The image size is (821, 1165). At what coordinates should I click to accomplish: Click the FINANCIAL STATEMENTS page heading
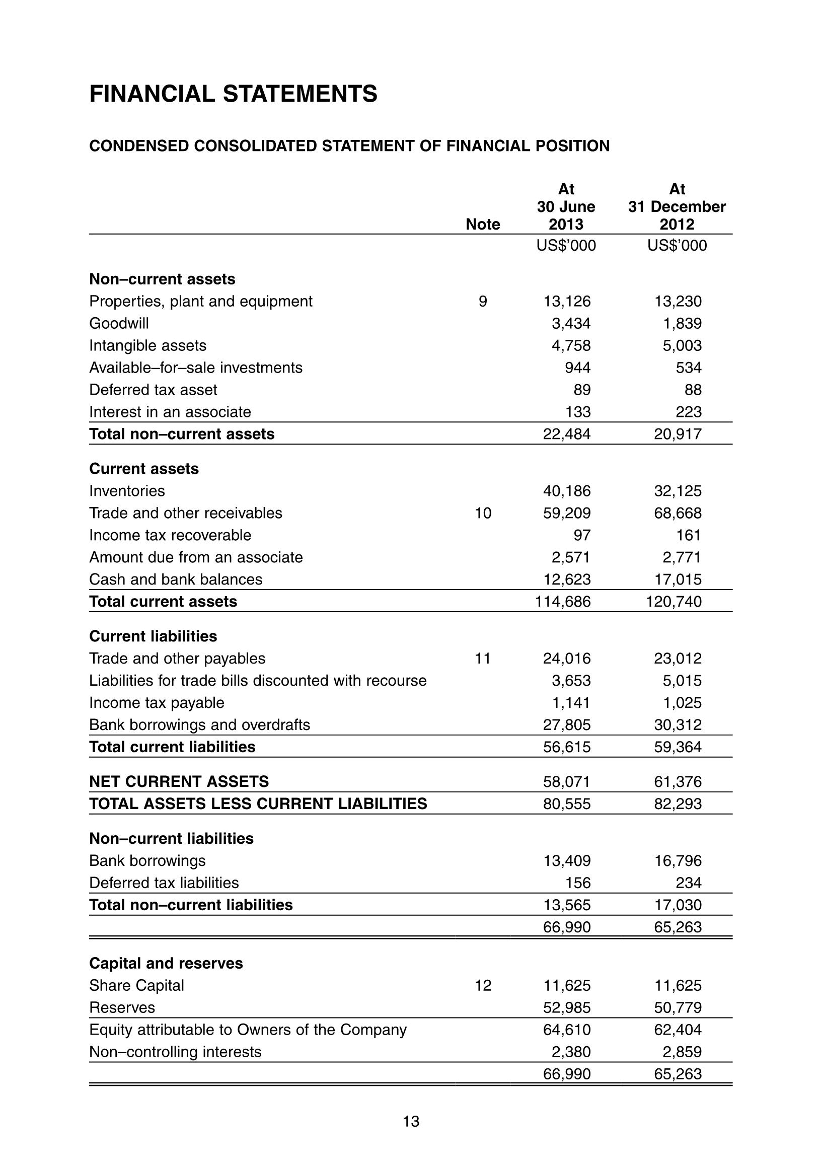tap(233, 94)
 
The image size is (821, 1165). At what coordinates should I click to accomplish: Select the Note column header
tap(483, 224)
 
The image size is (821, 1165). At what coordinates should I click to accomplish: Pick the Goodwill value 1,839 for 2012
tap(682, 323)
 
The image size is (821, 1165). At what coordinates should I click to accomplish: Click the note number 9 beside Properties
tap(483, 302)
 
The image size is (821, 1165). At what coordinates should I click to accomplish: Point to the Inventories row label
tap(127, 491)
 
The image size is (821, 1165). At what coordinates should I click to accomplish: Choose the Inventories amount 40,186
tap(567, 491)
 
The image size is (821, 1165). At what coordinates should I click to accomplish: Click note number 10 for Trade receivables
tap(483, 513)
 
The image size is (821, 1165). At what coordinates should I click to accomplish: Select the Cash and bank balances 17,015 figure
tap(678, 579)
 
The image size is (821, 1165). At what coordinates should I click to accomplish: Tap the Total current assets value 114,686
tap(563, 601)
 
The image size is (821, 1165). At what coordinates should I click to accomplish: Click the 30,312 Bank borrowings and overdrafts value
tap(678, 724)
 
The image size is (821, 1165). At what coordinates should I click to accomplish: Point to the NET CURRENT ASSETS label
tap(179, 781)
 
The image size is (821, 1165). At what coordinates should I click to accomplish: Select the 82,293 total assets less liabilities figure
tap(678, 804)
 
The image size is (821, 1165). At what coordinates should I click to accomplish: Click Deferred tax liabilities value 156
tap(578, 883)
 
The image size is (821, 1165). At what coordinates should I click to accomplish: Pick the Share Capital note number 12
tap(483, 985)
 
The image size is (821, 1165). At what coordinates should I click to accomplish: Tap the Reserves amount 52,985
tap(567, 1007)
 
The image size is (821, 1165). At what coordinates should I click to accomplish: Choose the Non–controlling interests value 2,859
tap(682, 1052)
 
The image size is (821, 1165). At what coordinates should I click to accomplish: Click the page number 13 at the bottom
tap(411, 1121)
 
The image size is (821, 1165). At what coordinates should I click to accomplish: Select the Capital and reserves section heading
tap(166, 963)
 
